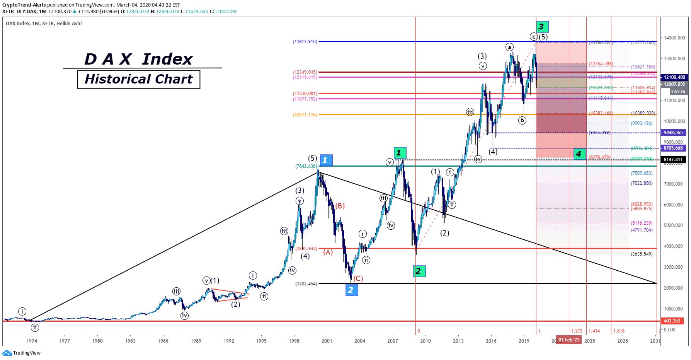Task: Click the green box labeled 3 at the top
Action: point(542,27)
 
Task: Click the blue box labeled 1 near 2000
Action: point(326,160)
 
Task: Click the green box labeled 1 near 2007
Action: point(400,153)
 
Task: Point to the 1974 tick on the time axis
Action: point(32,341)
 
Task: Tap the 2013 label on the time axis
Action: point(458,341)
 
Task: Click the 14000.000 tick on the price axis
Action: point(674,38)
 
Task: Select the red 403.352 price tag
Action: point(672,321)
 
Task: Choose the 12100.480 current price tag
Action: point(674,77)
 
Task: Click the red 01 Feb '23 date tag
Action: point(568,340)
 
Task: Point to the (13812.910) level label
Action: point(305,42)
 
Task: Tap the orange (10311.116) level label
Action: point(305,115)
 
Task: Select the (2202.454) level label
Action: point(306,284)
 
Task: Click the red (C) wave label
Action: point(358,278)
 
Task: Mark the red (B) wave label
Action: point(340,206)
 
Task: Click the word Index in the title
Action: point(167,59)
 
